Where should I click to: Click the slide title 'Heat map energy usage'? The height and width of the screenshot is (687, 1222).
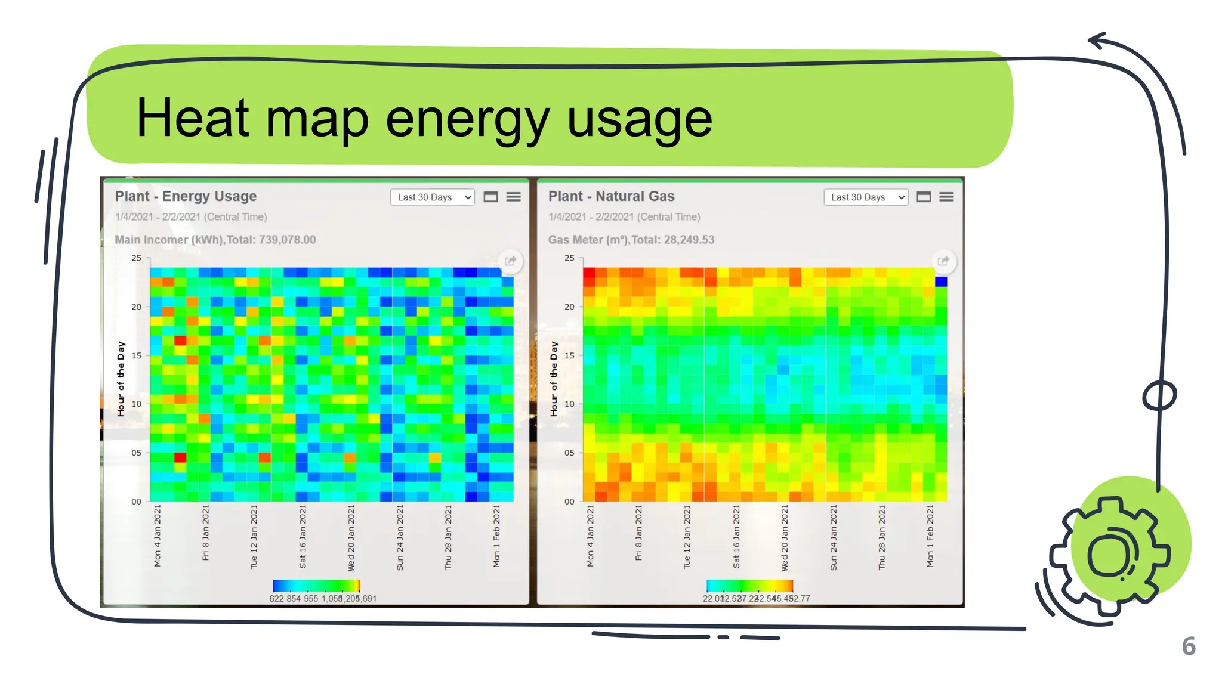[424, 118]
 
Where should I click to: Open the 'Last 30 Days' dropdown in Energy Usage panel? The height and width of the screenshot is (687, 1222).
[432, 197]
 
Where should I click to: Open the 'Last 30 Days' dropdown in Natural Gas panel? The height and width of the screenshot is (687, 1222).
[865, 197]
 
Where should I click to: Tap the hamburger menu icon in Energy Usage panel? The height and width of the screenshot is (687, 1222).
[513, 197]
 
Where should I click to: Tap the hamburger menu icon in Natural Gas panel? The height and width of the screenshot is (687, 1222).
[946, 197]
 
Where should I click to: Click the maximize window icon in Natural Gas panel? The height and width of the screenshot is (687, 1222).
[924, 197]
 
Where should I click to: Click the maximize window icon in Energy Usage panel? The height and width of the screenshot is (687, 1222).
[490, 197]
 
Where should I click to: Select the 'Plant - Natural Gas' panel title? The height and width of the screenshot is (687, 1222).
[611, 196]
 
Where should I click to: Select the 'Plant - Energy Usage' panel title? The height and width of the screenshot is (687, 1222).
[186, 196]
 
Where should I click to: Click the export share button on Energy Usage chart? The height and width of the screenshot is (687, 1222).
[510, 261]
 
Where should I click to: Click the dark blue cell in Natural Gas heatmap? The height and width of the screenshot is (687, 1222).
[941, 281]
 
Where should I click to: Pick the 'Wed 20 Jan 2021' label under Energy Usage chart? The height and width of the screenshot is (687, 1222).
[351, 537]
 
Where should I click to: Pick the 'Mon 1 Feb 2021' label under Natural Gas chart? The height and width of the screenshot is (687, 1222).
[930, 536]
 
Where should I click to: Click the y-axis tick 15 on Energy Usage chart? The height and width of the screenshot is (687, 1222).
[137, 355]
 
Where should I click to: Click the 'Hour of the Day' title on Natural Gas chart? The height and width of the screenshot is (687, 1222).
[554, 379]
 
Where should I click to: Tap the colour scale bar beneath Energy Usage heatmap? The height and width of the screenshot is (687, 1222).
[316, 586]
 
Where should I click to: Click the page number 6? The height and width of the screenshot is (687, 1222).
[1189, 646]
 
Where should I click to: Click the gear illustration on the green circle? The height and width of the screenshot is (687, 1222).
[1110, 555]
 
